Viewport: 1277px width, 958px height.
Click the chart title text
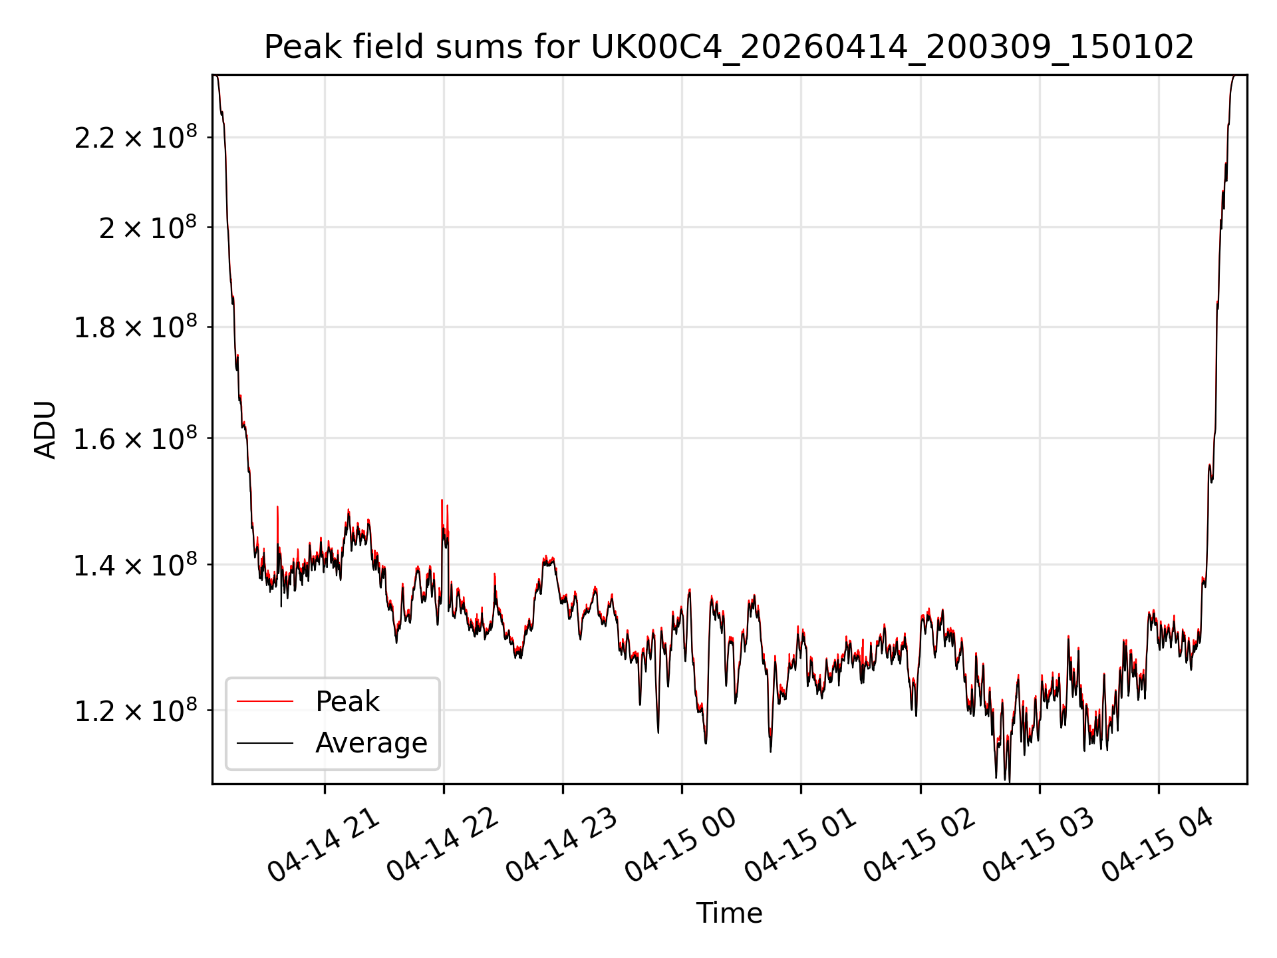pos(729,47)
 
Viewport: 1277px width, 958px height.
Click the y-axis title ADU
pos(45,429)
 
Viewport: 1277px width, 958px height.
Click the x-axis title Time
pos(729,913)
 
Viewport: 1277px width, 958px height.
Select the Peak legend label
pos(347,702)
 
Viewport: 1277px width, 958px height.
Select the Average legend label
pos(371,743)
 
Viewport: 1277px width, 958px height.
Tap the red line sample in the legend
pos(265,701)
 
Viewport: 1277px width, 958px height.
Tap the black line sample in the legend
pos(265,743)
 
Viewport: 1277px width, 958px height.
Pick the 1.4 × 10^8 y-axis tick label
pos(135,564)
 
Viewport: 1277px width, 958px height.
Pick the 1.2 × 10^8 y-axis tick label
pos(135,710)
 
